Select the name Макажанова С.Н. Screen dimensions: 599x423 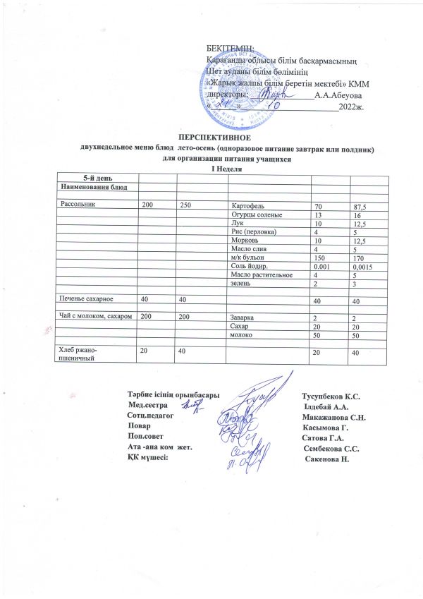click(331, 418)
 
